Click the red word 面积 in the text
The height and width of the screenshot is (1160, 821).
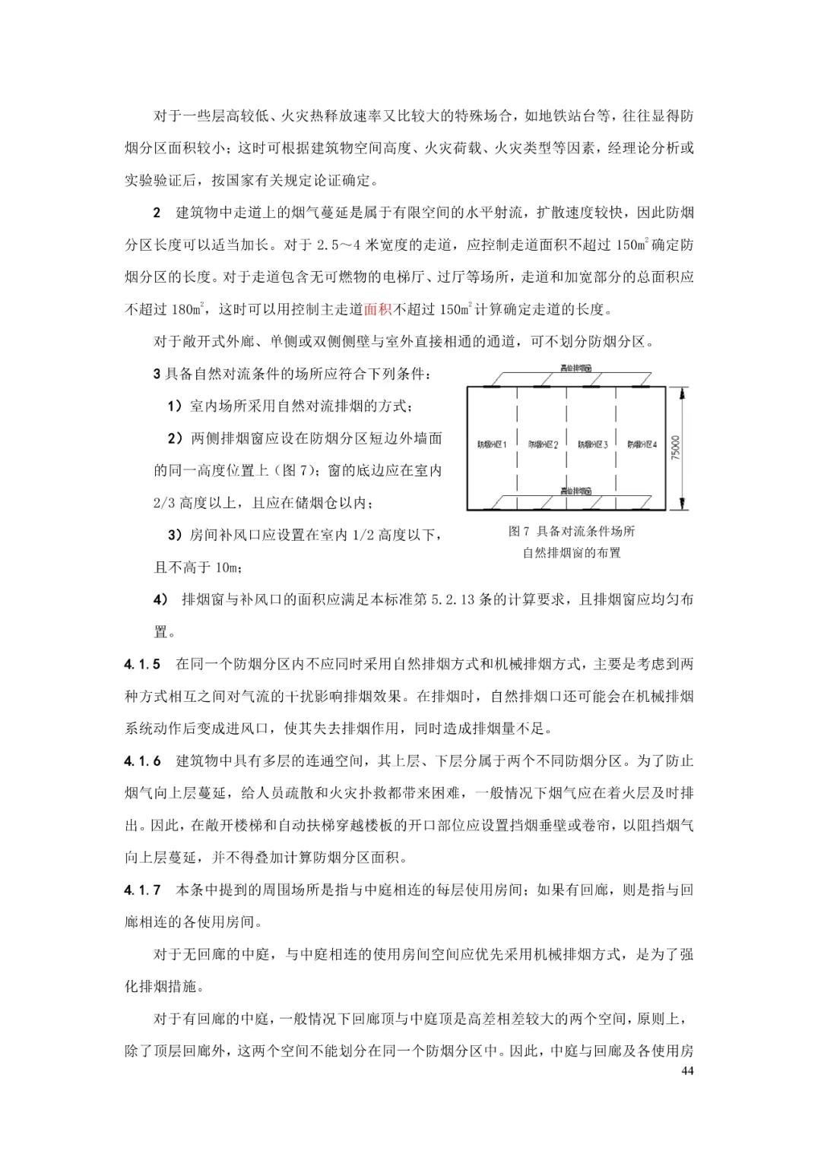378,309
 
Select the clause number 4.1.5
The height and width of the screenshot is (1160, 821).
142,664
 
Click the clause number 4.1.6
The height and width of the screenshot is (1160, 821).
142,760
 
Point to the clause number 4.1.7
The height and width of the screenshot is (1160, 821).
142,890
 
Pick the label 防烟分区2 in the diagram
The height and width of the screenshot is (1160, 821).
543,444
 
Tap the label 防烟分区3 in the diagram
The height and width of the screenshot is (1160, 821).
592,444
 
